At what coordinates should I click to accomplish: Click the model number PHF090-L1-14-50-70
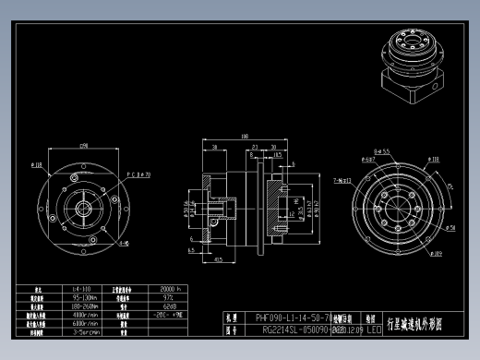[287, 316]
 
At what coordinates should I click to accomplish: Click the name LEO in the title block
[373, 328]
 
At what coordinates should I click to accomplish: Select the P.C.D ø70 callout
[138, 173]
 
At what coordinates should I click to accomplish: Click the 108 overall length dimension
[245, 138]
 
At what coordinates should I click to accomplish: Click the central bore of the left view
[82, 204]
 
